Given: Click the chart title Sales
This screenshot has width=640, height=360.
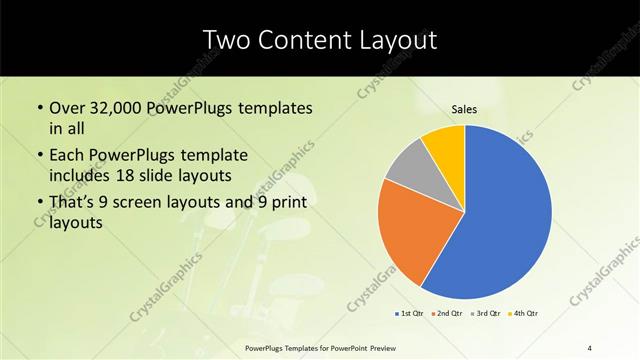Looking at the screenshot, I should (465, 109).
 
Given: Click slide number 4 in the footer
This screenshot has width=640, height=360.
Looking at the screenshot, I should (590, 347).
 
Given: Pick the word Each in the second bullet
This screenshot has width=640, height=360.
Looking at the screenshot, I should (67, 156).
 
